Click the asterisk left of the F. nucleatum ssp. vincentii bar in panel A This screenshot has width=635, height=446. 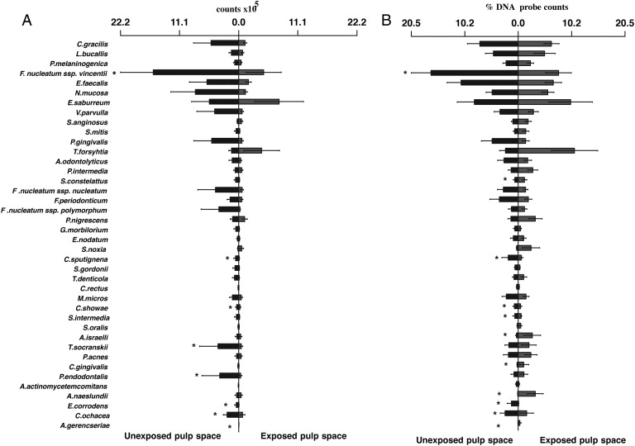pyautogui.click(x=115, y=74)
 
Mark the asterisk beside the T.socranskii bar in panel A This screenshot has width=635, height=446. pyautogui.click(x=193, y=346)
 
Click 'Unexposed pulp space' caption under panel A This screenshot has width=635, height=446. pyautogui.click(x=172, y=435)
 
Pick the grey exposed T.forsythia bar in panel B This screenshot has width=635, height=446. pyautogui.click(x=546, y=150)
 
